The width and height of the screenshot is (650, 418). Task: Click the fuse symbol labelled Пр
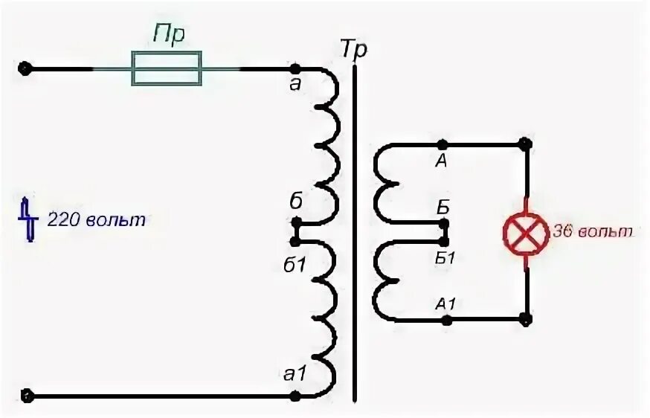pyautogui.click(x=167, y=68)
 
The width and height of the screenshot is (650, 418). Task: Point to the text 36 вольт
pyautogui.click(x=592, y=232)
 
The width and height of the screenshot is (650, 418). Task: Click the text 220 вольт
pyautogui.click(x=97, y=220)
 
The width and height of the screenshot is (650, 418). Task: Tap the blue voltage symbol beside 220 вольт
pyautogui.click(x=29, y=219)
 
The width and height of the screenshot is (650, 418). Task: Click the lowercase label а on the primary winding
pyautogui.click(x=295, y=84)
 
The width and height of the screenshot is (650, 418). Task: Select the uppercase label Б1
pyautogui.click(x=443, y=257)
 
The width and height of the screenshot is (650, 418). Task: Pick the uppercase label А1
pyautogui.click(x=445, y=303)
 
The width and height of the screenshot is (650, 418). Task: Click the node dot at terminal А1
pyautogui.click(x=446, y=321)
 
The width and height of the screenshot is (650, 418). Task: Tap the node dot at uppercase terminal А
pyautogui.click(x=442, y=144)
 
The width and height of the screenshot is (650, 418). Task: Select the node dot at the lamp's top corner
pyautogui.click(x=526, y=144)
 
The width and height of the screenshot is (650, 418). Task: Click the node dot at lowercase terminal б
pyautogui.click(x=296, y=222)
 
